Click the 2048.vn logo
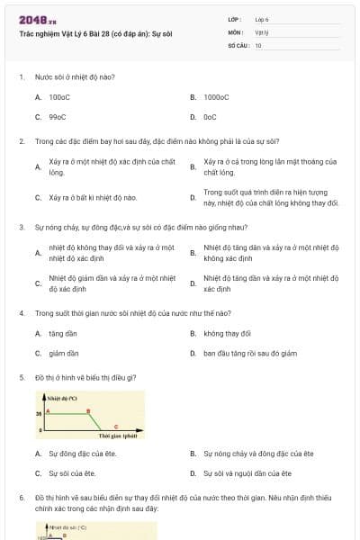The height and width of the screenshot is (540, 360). (x=38, y=20)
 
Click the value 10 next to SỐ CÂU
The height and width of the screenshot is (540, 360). (x=258, y=45)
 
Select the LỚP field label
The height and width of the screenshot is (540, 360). (x=235, y=19)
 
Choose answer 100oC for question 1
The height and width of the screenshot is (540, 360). (x=59, y=96)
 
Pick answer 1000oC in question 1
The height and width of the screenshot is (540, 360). (x=216, y=96)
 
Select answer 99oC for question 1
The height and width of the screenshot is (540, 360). (x=58, y=116)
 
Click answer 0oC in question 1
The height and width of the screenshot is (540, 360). (x=210, y=116)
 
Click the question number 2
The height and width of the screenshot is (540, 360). (x=21, y=141)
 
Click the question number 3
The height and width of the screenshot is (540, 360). (x=21, y=228)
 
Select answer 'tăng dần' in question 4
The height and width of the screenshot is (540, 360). (x=62, y=333)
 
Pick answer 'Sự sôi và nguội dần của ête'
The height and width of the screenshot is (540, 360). (x=247, y=472)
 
